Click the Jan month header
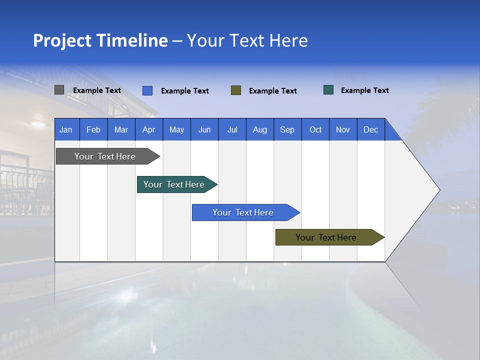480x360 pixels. click(x=66, y=129)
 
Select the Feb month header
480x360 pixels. click(x=93, y=129)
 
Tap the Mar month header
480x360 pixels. click(x=121, y=129)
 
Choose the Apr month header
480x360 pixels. click(x=148, y=129)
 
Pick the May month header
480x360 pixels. click(x=176, y=129)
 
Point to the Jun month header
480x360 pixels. click(x=204, y=129)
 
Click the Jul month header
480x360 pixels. click(x=232, y=129)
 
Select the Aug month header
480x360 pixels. click(x=259, y=129)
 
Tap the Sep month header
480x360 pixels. click(x=287, y=129)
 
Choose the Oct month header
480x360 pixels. click(x=315, y=129)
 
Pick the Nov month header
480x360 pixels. click(x=343, y=129)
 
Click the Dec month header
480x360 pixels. click(x=370, y=129)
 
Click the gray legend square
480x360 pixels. click(x=59, y=90)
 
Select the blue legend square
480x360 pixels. click(x=147, y=90)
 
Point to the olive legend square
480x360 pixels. click(x=236, y=90)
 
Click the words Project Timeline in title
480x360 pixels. click(x=100, y=40)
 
